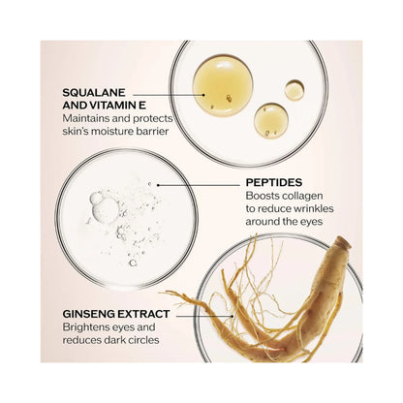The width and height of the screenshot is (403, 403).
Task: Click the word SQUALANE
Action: click(94, 93)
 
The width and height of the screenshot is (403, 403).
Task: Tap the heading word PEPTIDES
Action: click(274, 182)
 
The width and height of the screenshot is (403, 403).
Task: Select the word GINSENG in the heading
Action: click(88, 314)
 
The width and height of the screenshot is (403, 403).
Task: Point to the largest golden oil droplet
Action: click(223, 85)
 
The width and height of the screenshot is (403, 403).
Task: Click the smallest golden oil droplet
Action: click(294, 90)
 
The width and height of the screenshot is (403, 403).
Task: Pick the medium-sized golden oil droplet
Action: click(271, 120)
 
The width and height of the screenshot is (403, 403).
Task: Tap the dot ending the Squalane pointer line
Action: click(203, 95)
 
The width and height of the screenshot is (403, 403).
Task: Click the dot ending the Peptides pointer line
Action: click(158, 185)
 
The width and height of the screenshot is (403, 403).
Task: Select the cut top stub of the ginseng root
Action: click(343, 243)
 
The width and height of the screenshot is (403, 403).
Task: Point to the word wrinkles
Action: click(313, 208)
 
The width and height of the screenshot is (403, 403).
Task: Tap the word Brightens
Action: click(86, 327)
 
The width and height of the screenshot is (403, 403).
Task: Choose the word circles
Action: click(142, 340)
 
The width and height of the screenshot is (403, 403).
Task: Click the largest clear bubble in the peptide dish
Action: click(105, 210)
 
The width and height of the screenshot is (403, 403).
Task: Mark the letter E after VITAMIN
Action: click(143, 106)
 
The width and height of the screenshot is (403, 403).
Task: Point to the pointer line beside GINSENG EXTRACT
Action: click(205, 316)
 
